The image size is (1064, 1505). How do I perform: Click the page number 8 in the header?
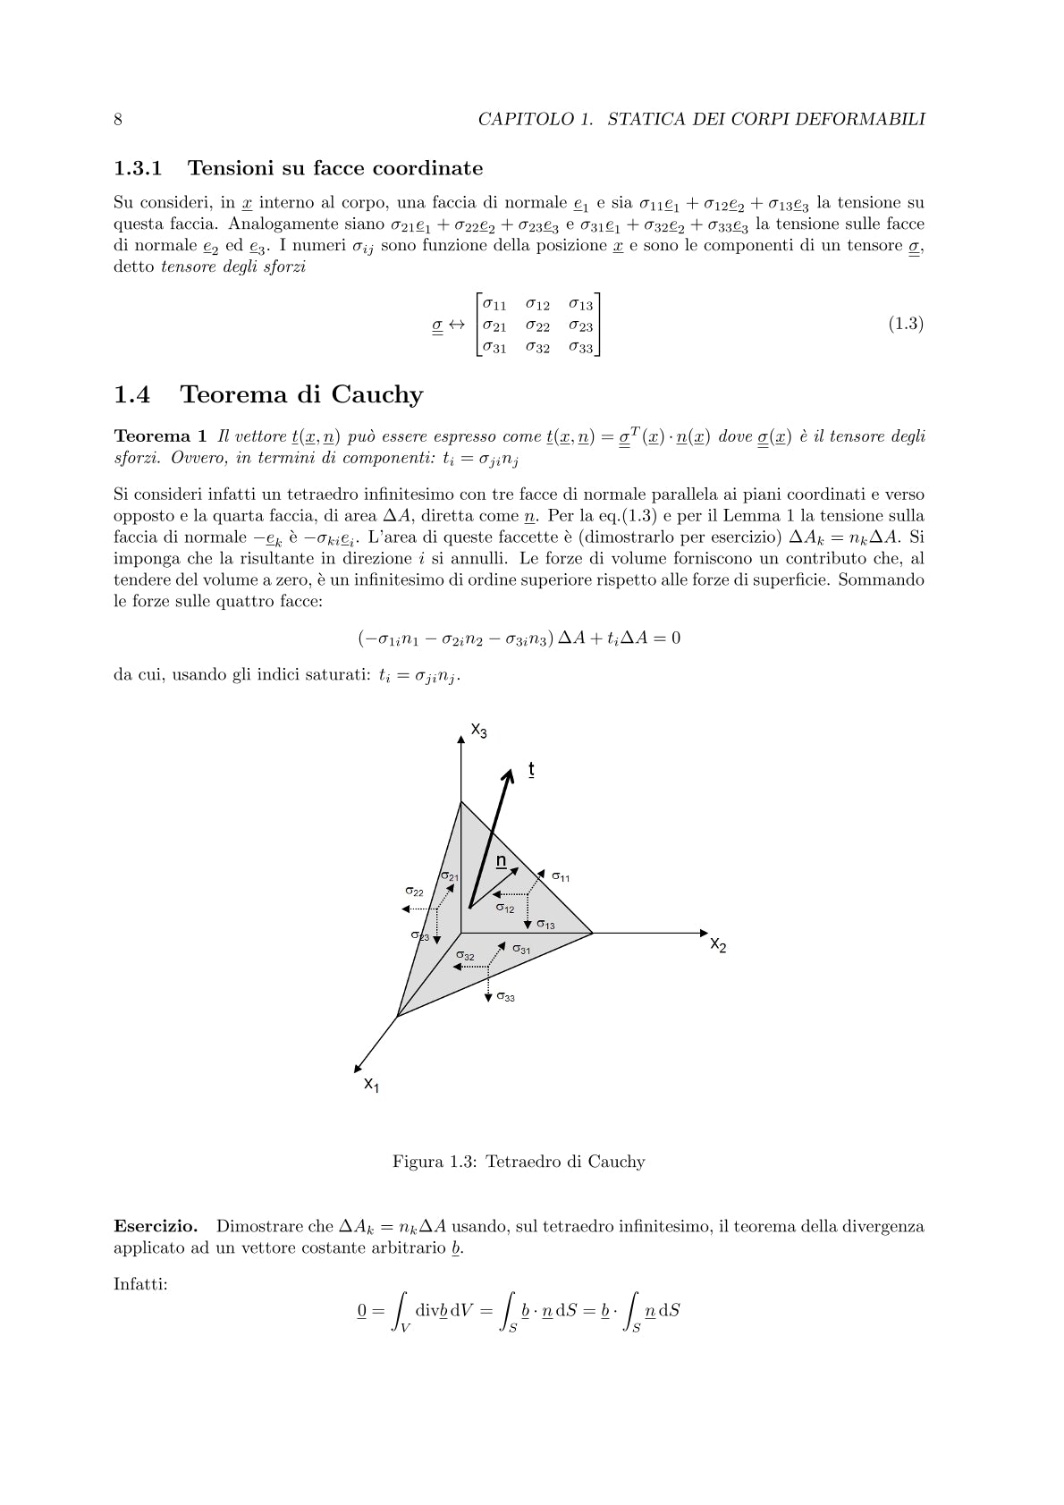point(118,119)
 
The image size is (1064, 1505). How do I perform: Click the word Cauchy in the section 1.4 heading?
point(376,394)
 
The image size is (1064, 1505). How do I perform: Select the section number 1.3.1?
point(139,168)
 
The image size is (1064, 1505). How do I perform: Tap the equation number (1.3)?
point(905,324)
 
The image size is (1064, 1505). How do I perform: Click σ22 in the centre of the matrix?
point(537,326)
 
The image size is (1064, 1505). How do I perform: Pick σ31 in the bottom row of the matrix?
point(494,347)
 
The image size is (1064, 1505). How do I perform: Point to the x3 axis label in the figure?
point(479,731)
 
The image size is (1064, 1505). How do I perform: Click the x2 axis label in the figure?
point(718,943)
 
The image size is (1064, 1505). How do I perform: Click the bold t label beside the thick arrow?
point(531,769)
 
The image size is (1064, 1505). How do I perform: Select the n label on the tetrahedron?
point(502,861)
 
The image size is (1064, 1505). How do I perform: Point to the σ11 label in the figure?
point(561,877)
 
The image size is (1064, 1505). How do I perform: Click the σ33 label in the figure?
point(505,997)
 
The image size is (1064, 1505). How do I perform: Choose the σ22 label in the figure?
point(414,892)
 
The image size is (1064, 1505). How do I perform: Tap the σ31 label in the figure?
point(521,950)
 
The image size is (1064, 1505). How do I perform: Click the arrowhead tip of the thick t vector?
point(511,770)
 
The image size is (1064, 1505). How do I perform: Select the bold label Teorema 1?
point(160,436)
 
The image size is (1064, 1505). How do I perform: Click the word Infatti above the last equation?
point(140,1284)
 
